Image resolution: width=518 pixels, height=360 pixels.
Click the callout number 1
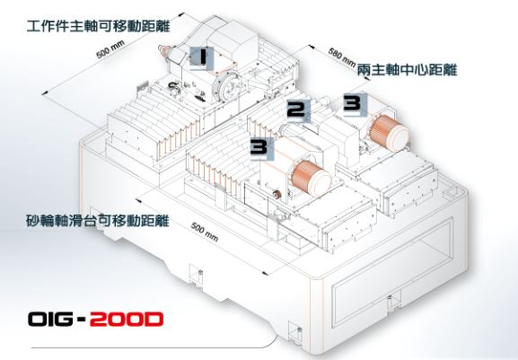pyautogui.click(x=202, y=57)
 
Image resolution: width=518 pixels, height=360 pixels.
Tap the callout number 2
pyautogui.click(x=296, y=110)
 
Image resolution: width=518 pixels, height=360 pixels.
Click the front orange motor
pyautogui.click(x=310, y=179)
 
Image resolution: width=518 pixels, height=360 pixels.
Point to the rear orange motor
pyautogui.click(x=388, y=131)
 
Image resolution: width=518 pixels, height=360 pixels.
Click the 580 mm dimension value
pyautogui.click(x=342, y=57)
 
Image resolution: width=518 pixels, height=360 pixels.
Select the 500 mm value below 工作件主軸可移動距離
pyautogui.click(x=110, y=49)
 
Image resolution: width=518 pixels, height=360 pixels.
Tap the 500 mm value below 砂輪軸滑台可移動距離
pyautogui.click(x=205, y=232)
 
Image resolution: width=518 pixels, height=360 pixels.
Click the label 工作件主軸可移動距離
pyautogui.click(x=98, y=26)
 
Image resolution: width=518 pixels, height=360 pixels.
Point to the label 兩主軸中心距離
pyautogui.click(x=407, y=70)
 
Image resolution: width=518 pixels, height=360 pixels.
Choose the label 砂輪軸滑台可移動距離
pyautogui.click(x=98, y=221)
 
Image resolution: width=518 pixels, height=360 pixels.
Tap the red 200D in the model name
pyautogui.click(x=127, y=319)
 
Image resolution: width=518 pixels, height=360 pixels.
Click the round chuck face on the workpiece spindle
pyautogui.click(x=227, y=87)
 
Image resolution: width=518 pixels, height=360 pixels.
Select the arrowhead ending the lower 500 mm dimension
pyautogui.click(x=264, y=273)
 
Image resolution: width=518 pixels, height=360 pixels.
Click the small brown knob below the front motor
pyautogui.click(x=277, y=195)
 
